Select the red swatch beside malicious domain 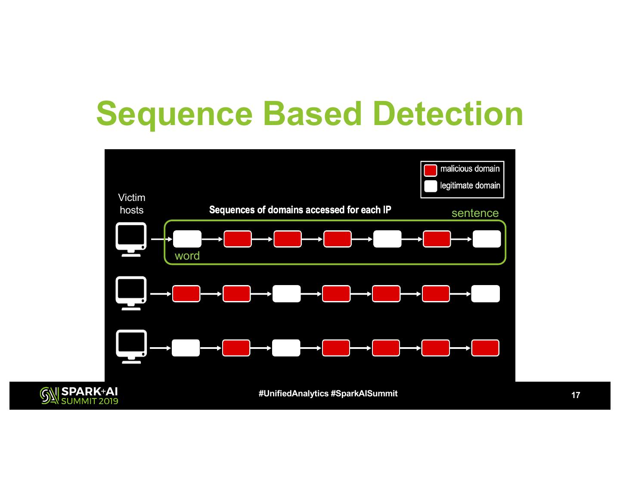[430, 170]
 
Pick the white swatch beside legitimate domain [430, 186]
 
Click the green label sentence [475, 213]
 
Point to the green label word [187, 256]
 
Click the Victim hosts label [132, 204]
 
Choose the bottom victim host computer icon [131, 347]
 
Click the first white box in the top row [187, 239]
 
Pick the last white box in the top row [487, 239]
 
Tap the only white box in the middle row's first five [286, 294]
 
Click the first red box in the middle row [186, 294]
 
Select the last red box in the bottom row [485, 348]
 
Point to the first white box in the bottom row [186, 348]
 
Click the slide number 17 [576, 395]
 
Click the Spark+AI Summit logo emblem [49, 395]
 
